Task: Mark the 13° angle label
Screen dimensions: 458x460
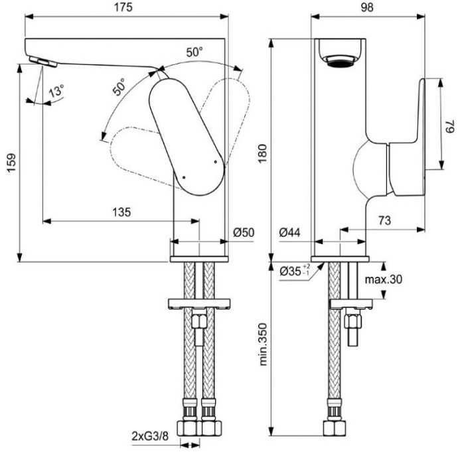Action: pyautogui.click(x=56, y=92)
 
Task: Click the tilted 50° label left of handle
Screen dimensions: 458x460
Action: pyautogui.click(x=119, y=88)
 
